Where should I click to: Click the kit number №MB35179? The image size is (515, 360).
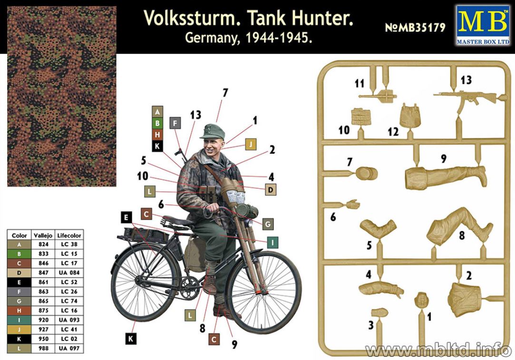(x=415, y=28)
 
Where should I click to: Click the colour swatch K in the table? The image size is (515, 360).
(x=19, y=339)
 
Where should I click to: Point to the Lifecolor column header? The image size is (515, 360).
(x=69, y=235)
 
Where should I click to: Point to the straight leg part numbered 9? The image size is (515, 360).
(x=445, y=177)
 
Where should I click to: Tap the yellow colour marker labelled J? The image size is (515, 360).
(x=251, y=144)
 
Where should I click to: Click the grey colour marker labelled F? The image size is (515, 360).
(x=175, y=123)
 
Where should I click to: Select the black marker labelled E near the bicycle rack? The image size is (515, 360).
(x=126, y=217)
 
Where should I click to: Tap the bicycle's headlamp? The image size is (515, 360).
(x=250, y=209)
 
